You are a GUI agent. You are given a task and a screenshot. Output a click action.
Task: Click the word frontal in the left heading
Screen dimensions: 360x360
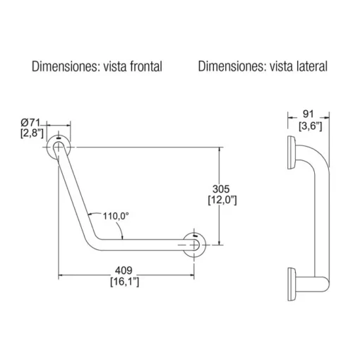146,66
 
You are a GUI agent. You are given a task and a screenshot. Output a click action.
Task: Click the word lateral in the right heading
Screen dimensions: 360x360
312,66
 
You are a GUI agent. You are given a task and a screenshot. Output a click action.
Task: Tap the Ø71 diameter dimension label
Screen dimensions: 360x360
30,123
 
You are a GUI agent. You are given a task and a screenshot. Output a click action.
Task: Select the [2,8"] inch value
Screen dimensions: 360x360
32,133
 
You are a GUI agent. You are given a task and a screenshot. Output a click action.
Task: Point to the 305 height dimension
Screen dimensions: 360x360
221,189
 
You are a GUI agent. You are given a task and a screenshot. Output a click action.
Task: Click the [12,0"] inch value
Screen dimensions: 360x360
222,200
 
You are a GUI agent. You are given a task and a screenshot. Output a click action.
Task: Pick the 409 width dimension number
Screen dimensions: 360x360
124,270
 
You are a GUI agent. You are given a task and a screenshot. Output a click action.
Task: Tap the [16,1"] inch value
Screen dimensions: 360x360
125,282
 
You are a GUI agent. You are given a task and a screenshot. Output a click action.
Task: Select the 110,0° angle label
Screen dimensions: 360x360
116,216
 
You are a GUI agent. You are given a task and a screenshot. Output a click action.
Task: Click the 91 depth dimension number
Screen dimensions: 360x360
308,114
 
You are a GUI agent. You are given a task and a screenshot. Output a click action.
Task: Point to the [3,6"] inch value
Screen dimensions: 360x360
311,126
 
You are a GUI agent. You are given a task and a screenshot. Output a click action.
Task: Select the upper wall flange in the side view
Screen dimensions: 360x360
292,152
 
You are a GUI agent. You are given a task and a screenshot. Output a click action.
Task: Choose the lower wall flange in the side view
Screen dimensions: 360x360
292,284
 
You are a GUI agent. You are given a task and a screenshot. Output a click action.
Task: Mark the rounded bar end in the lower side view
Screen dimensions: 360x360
326,284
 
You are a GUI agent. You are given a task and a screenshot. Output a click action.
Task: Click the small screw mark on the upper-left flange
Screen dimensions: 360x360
59,138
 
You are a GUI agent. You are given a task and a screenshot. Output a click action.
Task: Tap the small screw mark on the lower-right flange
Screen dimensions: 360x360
196,236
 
